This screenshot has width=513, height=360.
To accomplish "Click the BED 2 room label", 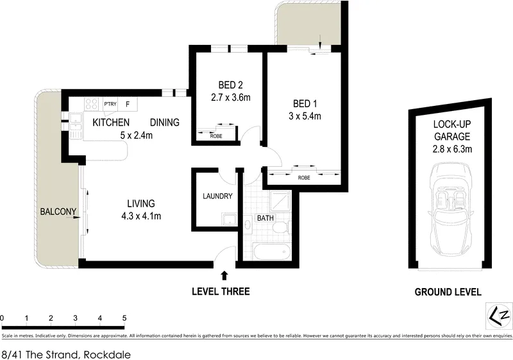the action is click(231, 85).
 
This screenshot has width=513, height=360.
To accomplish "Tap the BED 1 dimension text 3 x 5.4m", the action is click(305, 116).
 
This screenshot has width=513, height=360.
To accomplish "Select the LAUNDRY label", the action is click(217, 196).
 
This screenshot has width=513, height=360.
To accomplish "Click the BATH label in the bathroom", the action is click(265, 218).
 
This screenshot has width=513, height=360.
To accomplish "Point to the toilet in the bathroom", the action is click(282, 227).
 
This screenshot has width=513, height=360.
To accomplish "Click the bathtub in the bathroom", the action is click(272, 252).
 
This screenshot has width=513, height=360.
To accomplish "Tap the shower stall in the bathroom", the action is click(280, 201).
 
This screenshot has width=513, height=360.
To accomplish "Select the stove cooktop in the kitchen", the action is click(91, 105).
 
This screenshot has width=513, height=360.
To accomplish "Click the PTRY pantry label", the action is click(110, 104).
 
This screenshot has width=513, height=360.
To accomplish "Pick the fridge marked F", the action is click(128, 105).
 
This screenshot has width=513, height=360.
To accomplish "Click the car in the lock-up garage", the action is click(451, 210).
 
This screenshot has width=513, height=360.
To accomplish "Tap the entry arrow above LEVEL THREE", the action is click(224, 275).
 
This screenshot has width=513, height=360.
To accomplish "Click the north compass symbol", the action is click(499, 315).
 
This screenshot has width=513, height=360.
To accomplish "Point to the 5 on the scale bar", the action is click(124, 318).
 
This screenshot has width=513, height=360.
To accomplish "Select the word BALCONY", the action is click(58, 212).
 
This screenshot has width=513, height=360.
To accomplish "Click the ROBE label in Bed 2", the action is click(216, 136).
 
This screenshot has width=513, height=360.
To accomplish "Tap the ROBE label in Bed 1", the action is click(304, 178).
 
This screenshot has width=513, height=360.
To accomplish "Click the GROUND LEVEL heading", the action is click(448, 292).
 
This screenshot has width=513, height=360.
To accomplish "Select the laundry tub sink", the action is click(229, 219).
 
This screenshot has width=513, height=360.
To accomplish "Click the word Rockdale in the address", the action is click(107, 354).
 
